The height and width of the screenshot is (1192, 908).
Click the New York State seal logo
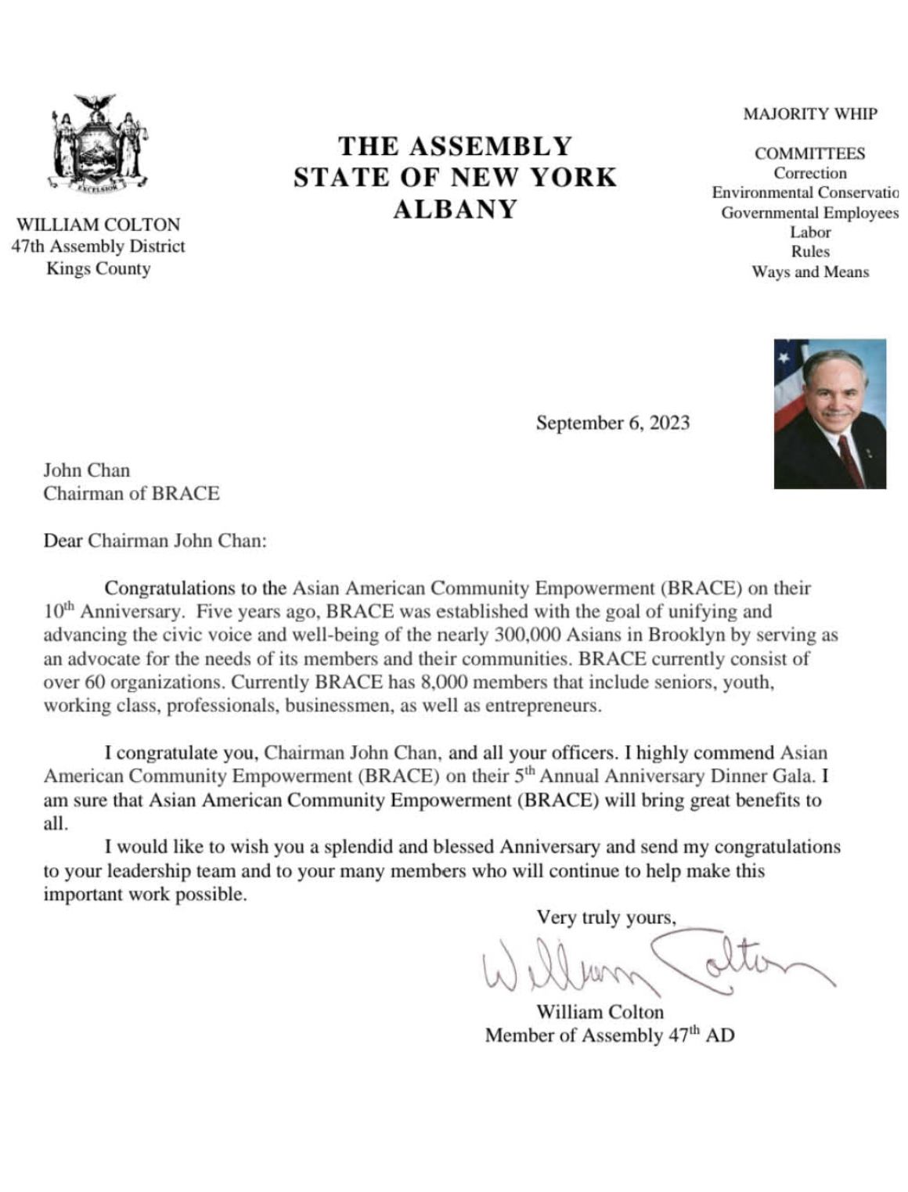(x=99, y=145)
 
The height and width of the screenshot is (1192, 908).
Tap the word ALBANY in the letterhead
(x=455, y=210)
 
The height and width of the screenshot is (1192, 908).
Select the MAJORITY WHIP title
(x=809, y=114)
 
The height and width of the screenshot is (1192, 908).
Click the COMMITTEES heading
(x=809, y=153)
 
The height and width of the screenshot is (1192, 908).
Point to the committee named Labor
(x=809, y=232)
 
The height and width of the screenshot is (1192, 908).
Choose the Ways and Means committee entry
(x=809, y=272)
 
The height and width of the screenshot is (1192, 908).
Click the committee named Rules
(x=809, y=252)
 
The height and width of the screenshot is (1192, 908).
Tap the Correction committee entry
(x=809, y=174)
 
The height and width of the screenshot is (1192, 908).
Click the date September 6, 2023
(x=612, y=423)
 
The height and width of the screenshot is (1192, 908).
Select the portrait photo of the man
(x=830, y=413)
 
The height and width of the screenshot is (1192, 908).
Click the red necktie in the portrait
(x=850, y=458)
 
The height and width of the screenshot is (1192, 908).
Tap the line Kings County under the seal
(x=98, y=269)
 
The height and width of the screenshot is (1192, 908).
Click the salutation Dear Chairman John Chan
(x=154, y=541)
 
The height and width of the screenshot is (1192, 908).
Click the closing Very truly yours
(x=605, y=917)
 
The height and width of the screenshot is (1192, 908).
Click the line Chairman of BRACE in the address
(x=131, y=494)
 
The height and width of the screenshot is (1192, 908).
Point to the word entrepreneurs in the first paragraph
(x=542, y=706)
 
